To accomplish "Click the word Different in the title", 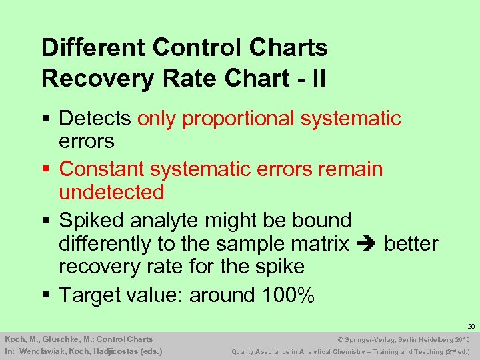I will click(x=93, y=48).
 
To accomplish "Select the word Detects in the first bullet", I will click(x=95, y=119).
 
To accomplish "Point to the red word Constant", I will click(x=102, y=169).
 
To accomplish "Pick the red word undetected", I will click(x=111, y=193).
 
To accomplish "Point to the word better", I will click(x=411, y=244).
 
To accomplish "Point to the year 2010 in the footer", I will click(x=461, y=339).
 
